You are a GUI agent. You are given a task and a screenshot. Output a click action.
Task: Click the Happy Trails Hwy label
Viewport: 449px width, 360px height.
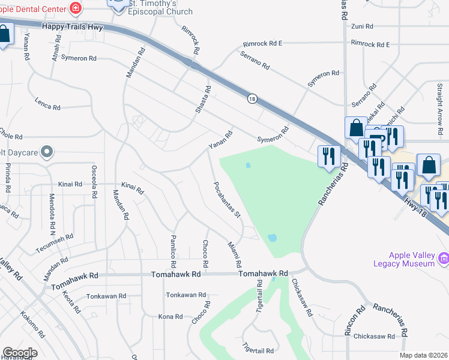tap(73, 28)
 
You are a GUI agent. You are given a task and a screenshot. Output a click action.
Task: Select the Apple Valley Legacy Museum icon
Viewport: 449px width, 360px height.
tap(444, 259)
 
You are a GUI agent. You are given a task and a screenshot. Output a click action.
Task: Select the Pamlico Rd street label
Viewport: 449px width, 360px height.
tap(173, 251)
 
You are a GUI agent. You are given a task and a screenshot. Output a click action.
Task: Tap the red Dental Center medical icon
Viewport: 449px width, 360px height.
tap(75, 8)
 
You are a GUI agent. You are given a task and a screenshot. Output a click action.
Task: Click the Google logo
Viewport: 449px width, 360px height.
tap(20, 353)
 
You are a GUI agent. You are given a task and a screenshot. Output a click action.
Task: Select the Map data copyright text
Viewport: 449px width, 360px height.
tap(423, 355)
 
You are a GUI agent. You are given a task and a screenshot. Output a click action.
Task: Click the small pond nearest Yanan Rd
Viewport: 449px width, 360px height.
tap(247, 165)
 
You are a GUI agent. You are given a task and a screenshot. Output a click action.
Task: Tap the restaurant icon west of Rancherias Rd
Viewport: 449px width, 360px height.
tap(328, 157)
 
